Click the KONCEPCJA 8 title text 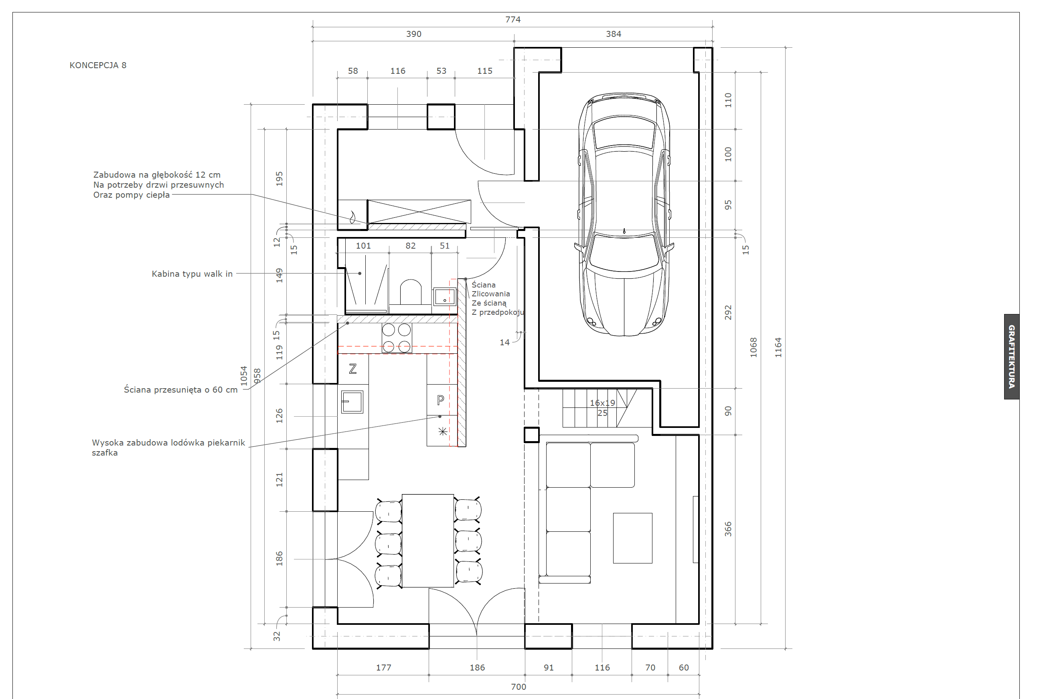tap(98, 65)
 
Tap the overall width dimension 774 tap(513, 20)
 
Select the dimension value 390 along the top tap(413, 34)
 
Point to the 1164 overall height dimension tap(778, 347)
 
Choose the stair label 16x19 tap(602, 403)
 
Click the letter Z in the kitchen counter tap(353, 369)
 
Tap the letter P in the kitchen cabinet tap(440, 400)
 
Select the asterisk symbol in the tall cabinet tap(443, 431)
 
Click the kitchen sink tap(352, 402)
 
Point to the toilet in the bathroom tap(411, 292)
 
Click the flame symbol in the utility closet tap(352, 217)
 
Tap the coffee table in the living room tap(632, 538)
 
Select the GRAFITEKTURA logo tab tap(1012, 357)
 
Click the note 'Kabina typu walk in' tap(192, 274)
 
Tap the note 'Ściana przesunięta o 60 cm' tap(180, 390)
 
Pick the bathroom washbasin tap(444, 296)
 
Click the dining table tap(428, 540)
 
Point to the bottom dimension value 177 tap(383, 667)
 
